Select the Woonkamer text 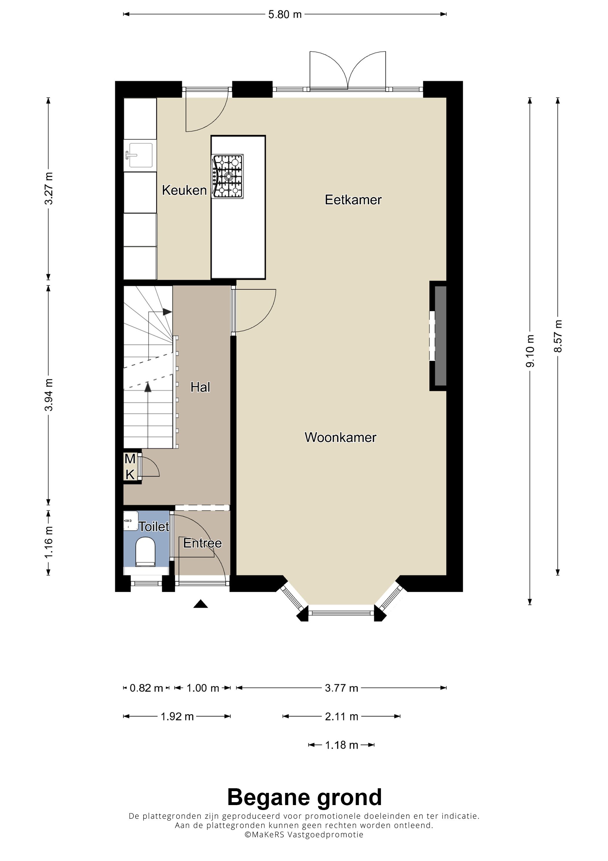click(340, 437)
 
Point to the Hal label click(200, 387)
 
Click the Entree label click(202, 543)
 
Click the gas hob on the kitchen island click(227, 176)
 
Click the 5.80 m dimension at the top click(285, 14)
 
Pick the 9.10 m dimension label click(530, 351)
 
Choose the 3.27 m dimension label click(49, 188)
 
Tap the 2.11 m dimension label click(341, 716)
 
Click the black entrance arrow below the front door click(201, 604)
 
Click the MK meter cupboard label click(130, 467)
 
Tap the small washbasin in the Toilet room click(131, 520)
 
